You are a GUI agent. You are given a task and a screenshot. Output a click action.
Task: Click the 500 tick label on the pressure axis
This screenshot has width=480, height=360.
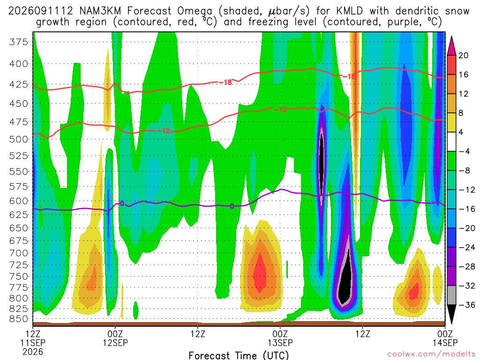tap(18, 139)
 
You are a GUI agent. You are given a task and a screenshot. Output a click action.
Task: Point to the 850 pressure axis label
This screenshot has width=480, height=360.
tap(18, 319)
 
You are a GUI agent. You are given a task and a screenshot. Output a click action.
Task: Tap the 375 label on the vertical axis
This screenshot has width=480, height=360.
tap(18, 42)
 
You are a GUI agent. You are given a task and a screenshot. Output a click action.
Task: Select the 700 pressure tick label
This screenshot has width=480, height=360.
tap(18, 253)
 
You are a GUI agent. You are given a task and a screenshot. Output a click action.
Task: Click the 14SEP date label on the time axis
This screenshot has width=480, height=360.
tap(445, 343)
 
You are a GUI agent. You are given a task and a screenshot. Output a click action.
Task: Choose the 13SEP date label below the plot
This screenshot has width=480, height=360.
tap(280, 343)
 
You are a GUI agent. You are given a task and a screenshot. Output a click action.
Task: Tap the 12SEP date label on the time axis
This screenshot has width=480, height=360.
tap(115, 343)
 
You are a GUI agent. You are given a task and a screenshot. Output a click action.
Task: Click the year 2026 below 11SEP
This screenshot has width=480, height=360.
tap(33, 352)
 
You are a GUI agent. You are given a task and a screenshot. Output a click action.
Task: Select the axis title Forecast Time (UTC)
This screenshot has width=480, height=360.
tap(239, 355)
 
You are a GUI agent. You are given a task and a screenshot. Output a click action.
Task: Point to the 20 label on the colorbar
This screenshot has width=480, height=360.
tap(463, 55)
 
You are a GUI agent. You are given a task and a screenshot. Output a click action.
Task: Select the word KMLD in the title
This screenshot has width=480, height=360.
tap(349, 11)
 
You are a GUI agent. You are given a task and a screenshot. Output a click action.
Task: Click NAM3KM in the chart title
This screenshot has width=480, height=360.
tap(100, 11)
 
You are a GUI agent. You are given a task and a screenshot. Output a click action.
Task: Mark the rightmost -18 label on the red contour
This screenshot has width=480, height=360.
tap(349, 76)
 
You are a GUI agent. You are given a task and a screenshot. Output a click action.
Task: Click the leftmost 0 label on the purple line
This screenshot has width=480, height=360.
tap(122, 203)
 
